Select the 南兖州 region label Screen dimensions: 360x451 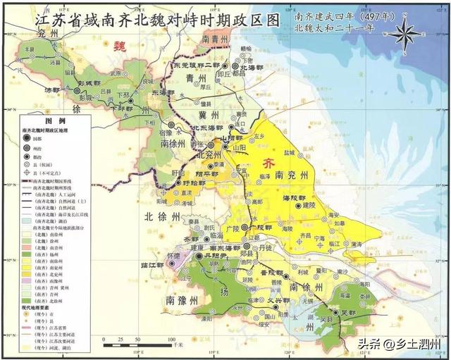pos(290,174)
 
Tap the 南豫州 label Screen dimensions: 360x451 pos(182,301)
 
